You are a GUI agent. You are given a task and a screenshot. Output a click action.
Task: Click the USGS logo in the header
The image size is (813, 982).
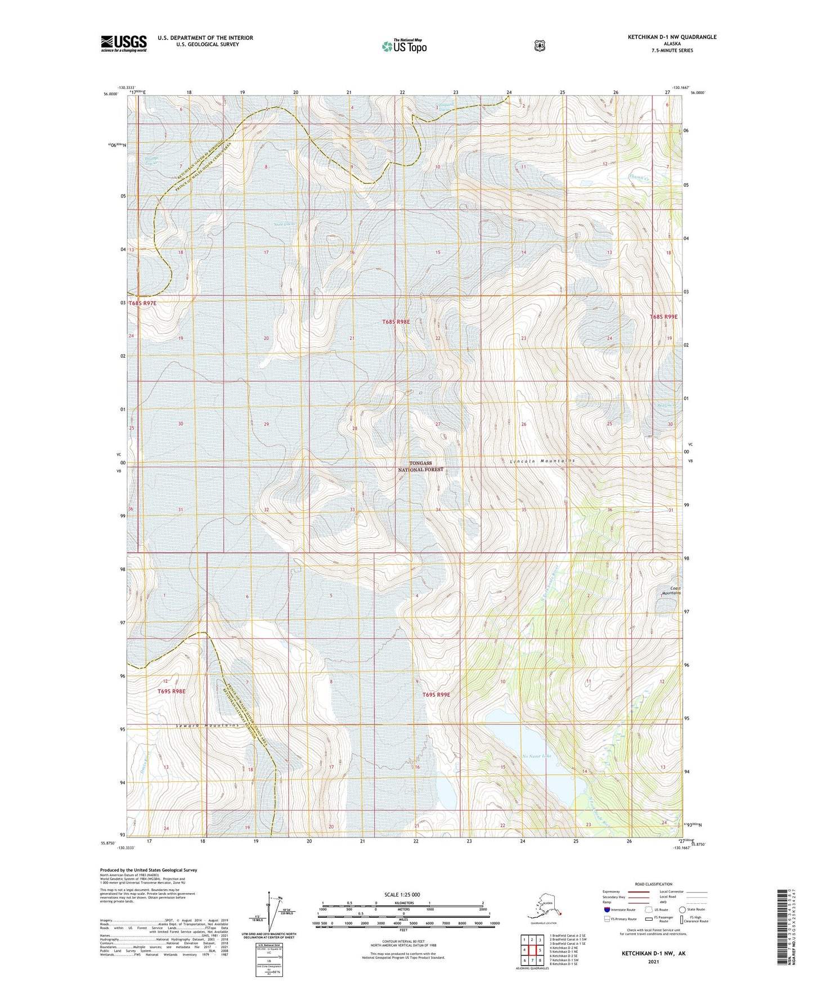(123, 43)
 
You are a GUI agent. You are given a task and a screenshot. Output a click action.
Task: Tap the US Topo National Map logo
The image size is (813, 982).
(404, 46)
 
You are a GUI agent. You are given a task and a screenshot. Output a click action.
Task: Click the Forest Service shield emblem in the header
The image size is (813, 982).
(540, 46)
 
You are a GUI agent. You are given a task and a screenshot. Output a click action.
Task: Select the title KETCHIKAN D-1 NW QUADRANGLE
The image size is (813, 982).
(672, 37)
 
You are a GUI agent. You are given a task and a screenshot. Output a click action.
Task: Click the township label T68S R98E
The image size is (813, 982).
(396, 322)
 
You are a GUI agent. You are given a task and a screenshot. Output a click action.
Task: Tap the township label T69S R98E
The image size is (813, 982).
(171, 690)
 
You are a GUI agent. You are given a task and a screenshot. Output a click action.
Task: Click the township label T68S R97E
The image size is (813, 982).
(142, 303)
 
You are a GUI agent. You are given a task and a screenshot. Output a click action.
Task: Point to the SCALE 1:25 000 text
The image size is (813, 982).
(402, 894)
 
